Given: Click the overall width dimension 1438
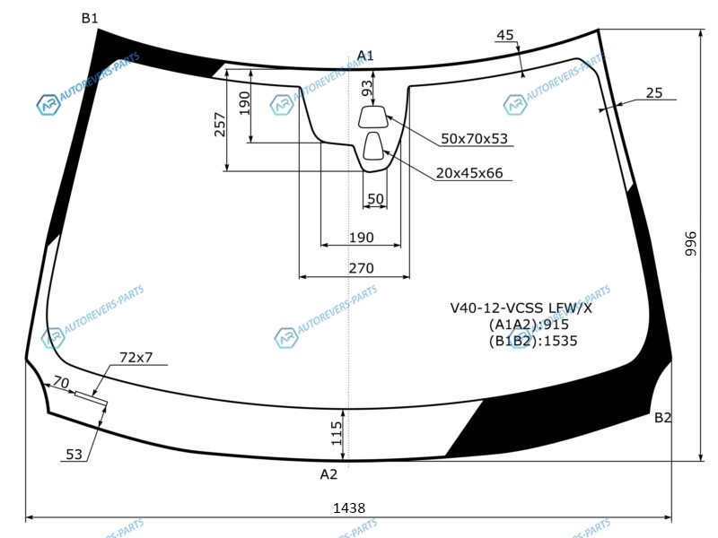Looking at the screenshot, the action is pyautogui.click(x=349, y=508).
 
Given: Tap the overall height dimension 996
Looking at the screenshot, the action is pyautogui.click(x=690, y=244).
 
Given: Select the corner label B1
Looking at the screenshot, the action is pyautogui.click(x=90, y=18).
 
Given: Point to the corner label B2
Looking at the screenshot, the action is pyautogui.click(x=662, y=417).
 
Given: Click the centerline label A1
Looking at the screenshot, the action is pyautogui.click(x=365, y=56).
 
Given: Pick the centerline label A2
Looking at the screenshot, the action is pyautogui.click(x=328, y=474).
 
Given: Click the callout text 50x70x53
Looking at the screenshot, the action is pyautogui.click(x=475, y=139).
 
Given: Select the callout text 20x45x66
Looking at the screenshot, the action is pyautogui.click(x=469, y=173).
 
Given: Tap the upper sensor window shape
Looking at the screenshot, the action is pyautogui.click(x=372, y=117).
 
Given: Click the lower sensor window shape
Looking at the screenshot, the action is pyautogui.click(x=373, y=146).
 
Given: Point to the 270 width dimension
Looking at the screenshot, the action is pyautogui.click(x=362, y=268).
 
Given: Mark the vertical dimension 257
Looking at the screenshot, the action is pyautogui.click(x=220, y=125).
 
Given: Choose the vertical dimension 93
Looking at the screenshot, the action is pyautogui.click(x=367, y=88).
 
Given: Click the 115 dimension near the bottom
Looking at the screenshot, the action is pyautogui.click(x=337, y=433).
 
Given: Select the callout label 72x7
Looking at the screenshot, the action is pyautogui.click(x=136, y=357).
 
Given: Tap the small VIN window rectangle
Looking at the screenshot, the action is pyautogui.click(x=92, y=398).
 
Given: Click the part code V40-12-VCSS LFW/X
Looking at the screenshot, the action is pyautogui.click(x=521, y=308).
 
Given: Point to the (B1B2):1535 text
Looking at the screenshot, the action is pyautogui.click(x=533, y=341).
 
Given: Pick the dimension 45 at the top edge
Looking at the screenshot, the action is pyautogui.click(x=505, y=35).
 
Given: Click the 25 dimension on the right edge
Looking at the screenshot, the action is pyautogui.click(x=654, y=93).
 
